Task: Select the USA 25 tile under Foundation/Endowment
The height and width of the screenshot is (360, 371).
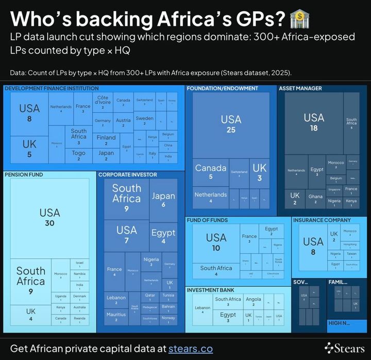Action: pos(231,124)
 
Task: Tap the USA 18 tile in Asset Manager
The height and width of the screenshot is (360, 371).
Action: pos(314,122)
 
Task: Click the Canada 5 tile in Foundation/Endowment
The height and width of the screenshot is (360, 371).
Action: pos(210,172)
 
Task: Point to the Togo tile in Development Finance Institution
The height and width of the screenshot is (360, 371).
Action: pos(79,156)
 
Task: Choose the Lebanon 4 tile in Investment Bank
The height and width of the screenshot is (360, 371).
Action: pos(203,309)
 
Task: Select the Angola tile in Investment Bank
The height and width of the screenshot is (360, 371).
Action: pos(253,301)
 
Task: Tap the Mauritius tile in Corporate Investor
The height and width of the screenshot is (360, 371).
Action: pos(116,317)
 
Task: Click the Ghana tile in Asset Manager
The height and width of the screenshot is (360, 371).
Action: pos(315,199)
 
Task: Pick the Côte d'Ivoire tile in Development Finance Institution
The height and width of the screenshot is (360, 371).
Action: pos(103,102)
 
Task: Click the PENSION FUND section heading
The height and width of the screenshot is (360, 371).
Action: pos(24,175)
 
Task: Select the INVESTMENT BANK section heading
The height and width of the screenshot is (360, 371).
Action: pos(210,290)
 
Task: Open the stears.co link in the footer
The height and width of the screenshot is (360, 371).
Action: pos(191,349)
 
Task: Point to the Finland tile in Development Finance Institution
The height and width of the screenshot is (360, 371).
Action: pos(106,140)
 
